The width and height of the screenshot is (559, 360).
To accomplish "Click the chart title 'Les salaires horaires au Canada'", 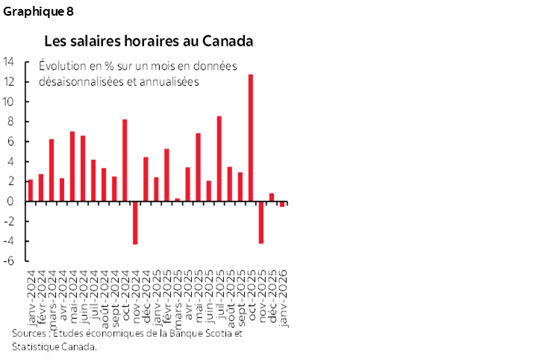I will pos(149,40).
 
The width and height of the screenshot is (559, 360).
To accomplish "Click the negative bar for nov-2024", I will pos(135,223).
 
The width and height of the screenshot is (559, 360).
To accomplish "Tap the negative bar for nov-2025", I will pos(261,222).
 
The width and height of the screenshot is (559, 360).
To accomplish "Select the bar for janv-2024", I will pos(30,190).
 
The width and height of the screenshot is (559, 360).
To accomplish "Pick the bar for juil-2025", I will pos(219,158).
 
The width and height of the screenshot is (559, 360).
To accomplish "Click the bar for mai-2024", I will pos(72,166).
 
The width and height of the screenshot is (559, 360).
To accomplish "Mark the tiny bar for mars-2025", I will pos(177,199).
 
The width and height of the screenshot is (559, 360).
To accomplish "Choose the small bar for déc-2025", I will pos(272,197).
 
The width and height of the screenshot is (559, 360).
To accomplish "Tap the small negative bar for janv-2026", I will pos(282,204).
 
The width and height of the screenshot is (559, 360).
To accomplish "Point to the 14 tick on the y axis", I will pos(10,62).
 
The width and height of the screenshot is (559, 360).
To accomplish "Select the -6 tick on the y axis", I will pos(10,261).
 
